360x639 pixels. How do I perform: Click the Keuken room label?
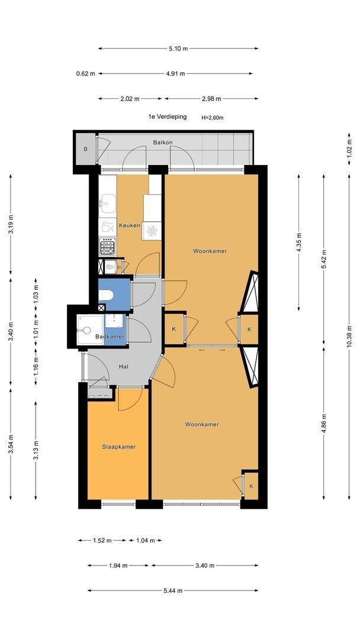tap(129, 225)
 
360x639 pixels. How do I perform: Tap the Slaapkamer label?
tap(118, 447)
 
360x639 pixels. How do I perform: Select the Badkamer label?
tap(110, 337)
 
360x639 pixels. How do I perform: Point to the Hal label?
tap(124, 366)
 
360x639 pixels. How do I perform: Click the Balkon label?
tap(163, 142)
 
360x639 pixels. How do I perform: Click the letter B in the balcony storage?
tap(86, 149)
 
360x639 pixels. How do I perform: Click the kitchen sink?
tap(108, 203)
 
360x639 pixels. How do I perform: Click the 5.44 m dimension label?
tap(172, 590)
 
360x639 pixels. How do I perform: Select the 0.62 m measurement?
tap(86, 74)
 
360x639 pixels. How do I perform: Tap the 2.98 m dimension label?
tap(211, 99)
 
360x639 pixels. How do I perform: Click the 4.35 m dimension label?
tap(299, 243)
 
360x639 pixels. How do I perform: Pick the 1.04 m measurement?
tap(145, 540)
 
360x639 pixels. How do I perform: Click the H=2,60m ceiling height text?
tap(213, 118)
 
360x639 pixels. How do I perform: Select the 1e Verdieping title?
tap(167, 117)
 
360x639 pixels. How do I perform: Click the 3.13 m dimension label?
tap(36, 450)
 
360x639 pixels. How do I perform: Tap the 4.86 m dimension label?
tap(324, 424)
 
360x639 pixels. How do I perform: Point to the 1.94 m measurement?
tap(118, 565)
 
